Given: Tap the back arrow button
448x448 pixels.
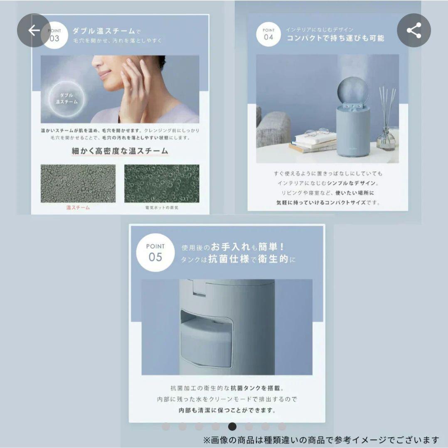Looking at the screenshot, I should tap(34, 30).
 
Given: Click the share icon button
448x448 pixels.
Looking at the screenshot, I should tap(414, 30).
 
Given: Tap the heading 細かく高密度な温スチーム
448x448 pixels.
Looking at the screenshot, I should tap(120, 151).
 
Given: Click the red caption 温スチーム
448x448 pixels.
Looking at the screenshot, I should tap(78, 207).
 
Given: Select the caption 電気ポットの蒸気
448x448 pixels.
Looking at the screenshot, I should tap(162, 207).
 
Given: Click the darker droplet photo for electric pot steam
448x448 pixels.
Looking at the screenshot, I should tap(162, 183).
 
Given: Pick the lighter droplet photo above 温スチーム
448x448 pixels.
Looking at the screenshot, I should tap(78, 183).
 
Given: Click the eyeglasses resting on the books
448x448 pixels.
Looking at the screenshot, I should tap(316, 133).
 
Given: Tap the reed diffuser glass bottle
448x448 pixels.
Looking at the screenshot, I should tap(386, 139).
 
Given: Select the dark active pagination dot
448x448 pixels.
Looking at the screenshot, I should tap(232, 426).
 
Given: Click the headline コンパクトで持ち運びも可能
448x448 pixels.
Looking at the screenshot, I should tap(335, 39).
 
